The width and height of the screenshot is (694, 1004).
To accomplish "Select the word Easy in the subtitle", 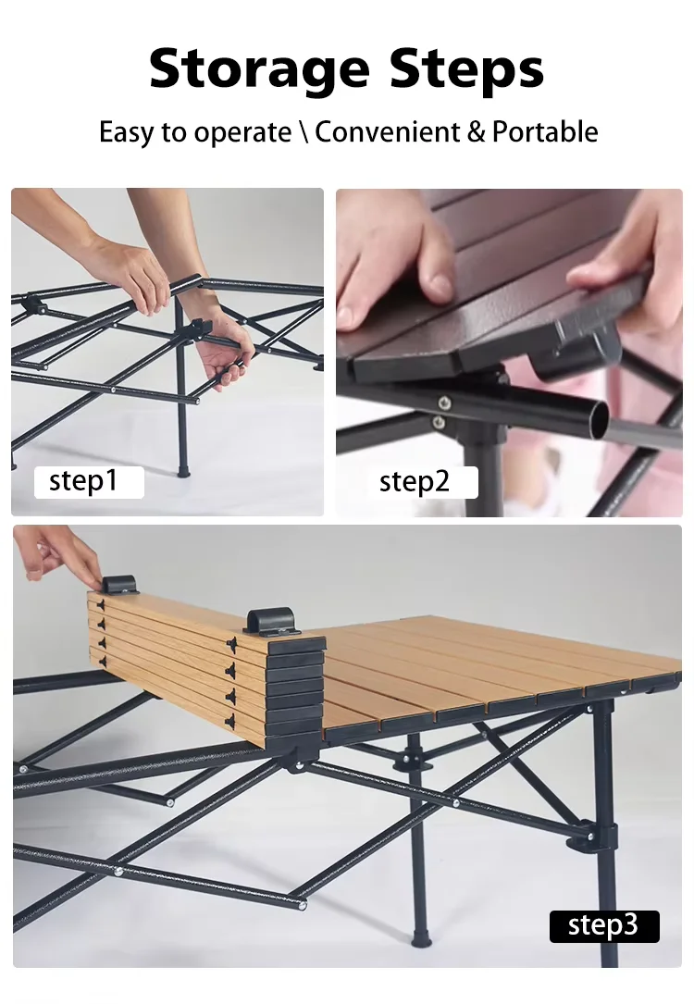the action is click(x=126, y=132).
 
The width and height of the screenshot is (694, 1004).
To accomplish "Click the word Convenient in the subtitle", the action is click(x=388, y=132).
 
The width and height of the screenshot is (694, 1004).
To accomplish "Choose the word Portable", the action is click(x=545, y=132).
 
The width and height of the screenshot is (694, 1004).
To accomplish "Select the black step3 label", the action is click(x=603, y=926).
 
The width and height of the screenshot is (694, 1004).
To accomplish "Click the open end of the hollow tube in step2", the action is click(x=599, y=420).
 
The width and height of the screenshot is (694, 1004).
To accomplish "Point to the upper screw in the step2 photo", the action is click(x=443, y=403).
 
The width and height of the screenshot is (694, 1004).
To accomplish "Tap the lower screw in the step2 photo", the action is click(x=439, y=422).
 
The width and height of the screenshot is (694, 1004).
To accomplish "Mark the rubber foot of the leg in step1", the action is click(x=184, y=471).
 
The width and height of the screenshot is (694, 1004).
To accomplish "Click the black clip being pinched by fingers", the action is click(x=119, y=584).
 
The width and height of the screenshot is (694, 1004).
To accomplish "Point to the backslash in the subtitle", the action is click(x=303, y=132).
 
